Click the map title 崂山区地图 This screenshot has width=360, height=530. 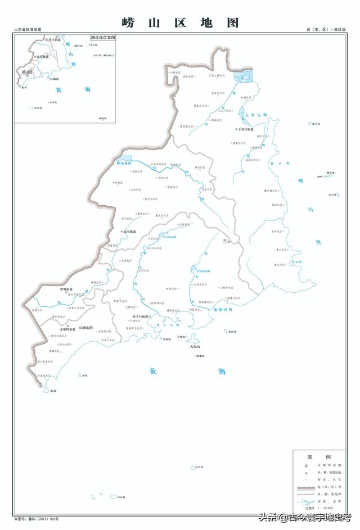pyautogui.click(x=180, y=22)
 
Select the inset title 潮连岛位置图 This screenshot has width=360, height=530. pyautogui.click(x=102, y=37)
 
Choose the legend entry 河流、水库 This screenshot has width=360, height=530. pyautogui.click(x=327, y=500)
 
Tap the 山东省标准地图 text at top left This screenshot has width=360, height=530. pyautogui.click(x=28, y=29)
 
